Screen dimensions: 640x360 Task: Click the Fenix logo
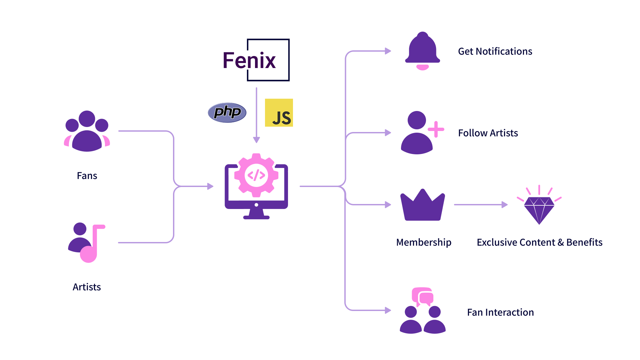tap(256, 60)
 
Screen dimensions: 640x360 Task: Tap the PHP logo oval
tap(227, 112)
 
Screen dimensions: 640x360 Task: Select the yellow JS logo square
tap(279, 113)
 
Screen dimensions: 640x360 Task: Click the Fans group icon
tap(87, 131)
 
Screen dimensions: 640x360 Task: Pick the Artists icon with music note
tap(87, 243)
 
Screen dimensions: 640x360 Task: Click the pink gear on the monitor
tap(256, 175)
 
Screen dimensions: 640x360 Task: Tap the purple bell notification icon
tap(422, 51)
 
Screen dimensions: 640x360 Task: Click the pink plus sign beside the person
tap(436, 129)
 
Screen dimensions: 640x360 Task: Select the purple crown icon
tap(423, 205)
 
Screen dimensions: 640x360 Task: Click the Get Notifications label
tap(495, 51)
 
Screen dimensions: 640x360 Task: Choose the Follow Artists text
tap(488, 133)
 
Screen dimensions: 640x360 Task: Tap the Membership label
tap(424, 242)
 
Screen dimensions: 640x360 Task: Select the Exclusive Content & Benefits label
tap(540, 242)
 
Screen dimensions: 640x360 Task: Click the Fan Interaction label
tap(500, 312)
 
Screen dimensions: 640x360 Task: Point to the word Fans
tap(87, 176)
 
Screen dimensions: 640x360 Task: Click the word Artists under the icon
tap(87, 287)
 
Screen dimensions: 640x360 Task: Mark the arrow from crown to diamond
tap(481, 205)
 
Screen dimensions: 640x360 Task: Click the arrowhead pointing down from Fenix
tap(256, 140)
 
